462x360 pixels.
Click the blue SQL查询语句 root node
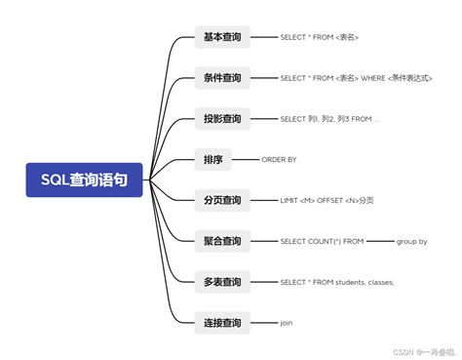pos(84,180)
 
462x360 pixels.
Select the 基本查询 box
pos(221,37)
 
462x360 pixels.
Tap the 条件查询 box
pos(221,78)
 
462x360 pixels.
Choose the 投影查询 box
pos(221,119)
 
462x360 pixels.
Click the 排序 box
pos(214,159)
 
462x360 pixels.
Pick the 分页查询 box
pos(221,200)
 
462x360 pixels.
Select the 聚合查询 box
pos(221,241)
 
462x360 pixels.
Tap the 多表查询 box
pos(221,282)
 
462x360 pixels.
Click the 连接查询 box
pos(221,322)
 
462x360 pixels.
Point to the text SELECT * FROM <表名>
pos(319,37)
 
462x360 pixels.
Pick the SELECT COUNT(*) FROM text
pos(322,241)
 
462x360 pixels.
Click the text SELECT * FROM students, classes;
pos(336,282)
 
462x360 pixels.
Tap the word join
pos(287,322)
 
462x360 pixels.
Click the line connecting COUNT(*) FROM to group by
pos(379,241)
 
